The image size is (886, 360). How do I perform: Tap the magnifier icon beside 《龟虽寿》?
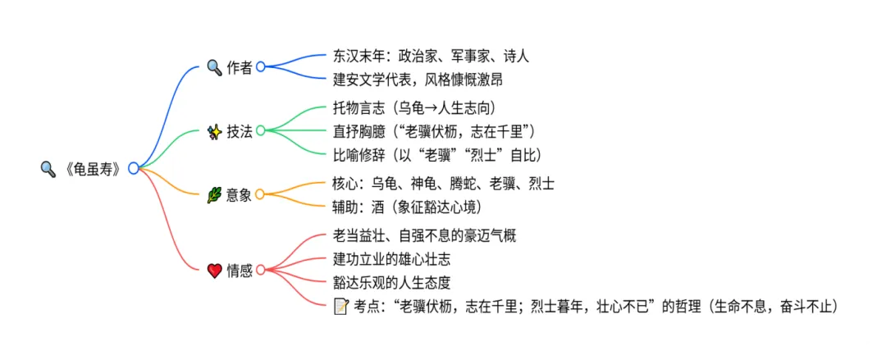pyautogui.click(x=48, y=169)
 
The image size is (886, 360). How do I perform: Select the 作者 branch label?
pyautogui.click(x=240, y=67)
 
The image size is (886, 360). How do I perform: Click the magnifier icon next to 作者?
pyautogui.click(x=214, y=67)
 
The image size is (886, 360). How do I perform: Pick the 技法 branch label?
pyautogui.click(x=240, y=130)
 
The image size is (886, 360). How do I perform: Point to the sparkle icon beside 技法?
pyautogui.click(x=214, y=130)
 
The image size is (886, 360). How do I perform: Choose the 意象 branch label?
pyautogui.click(x=240, y=194)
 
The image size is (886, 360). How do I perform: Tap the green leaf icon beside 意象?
pyautogui.click(x=214, y=194)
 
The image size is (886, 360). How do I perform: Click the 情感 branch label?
pyautogui.click(x=240, y=270)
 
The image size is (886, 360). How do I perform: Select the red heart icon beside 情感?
pyautogui.click(x=214, y=270)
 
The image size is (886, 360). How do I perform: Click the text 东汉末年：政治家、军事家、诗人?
pyautogui.click(x=431, y=56)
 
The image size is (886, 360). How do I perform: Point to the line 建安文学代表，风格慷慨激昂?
pyautogui.click(x=418, y=79)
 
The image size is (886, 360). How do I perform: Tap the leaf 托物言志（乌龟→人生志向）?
pyautogui.click(x=414, y=107)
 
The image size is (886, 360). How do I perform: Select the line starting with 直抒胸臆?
pyautogui.click(x=434, y=130)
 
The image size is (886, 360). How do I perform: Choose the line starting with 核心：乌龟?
pyautogui.click(x=444, y=183)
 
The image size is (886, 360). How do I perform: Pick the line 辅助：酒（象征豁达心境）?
pyautogui.click(x=408, y=206)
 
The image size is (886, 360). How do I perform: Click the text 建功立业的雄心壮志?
pyautogui.click(x=391, y=258)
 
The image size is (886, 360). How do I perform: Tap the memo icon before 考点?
pyautogui.click(x=340, y=307)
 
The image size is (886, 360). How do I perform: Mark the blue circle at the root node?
pyautogui.click(x=134, y=168)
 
